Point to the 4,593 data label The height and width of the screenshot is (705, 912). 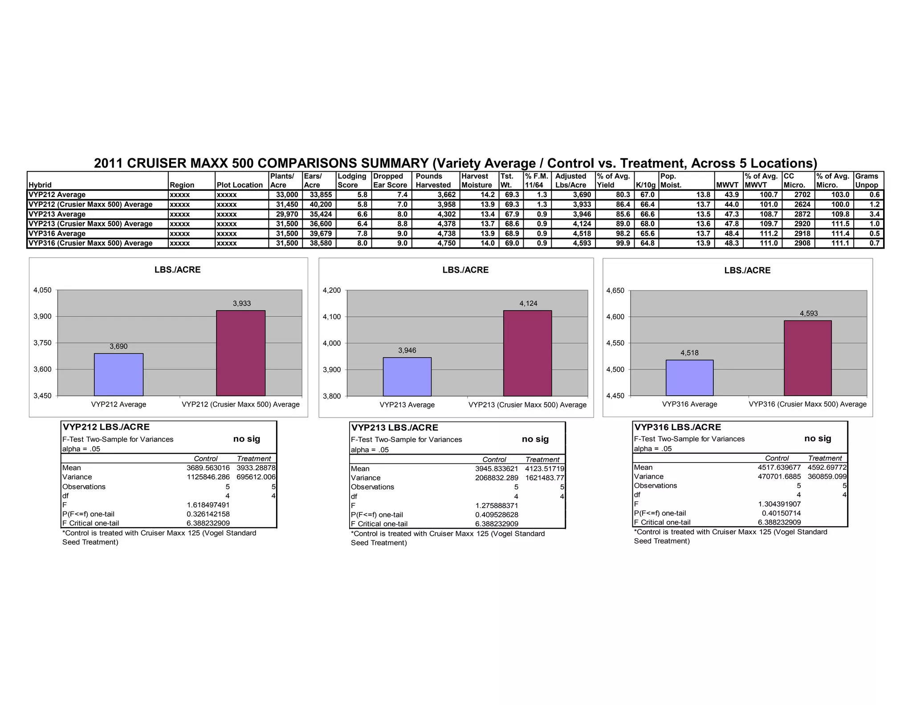[809, 313]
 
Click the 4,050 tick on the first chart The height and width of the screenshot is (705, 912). [43, 290]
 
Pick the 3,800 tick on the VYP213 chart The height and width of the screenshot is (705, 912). [331, 396]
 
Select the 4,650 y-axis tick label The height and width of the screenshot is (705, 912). [615, 291]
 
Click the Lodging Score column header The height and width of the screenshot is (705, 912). [352, 180]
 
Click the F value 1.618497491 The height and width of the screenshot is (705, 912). [208, 505]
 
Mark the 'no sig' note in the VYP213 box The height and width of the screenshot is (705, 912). [535, 439]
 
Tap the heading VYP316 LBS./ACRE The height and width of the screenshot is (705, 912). [677, 427]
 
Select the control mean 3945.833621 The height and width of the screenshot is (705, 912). [497, 468]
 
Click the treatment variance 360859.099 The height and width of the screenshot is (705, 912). [827, 476]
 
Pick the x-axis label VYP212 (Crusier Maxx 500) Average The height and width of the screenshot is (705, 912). [240, 404]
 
